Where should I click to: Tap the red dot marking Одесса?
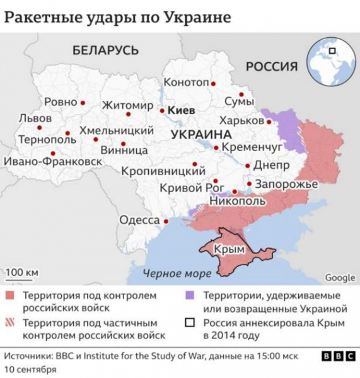tap(166, 221)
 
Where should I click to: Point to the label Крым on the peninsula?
tap(229, 249)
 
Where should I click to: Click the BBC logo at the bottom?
tap(338, 357)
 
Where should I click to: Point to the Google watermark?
tap(340, 278)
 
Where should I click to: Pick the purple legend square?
tap(189, 295)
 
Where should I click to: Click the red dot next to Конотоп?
tap(213, 83)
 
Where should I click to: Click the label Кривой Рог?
tap(183, 187)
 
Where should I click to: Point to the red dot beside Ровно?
tap(83, 102)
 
